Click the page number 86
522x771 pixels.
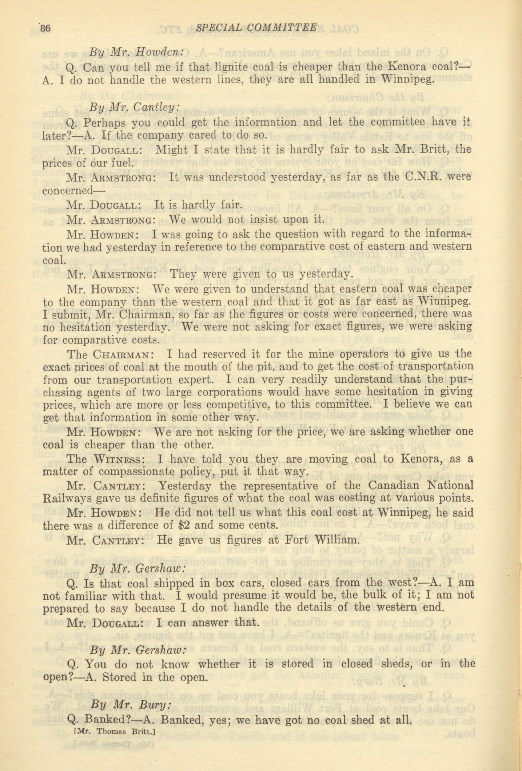tap(45, 28)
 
